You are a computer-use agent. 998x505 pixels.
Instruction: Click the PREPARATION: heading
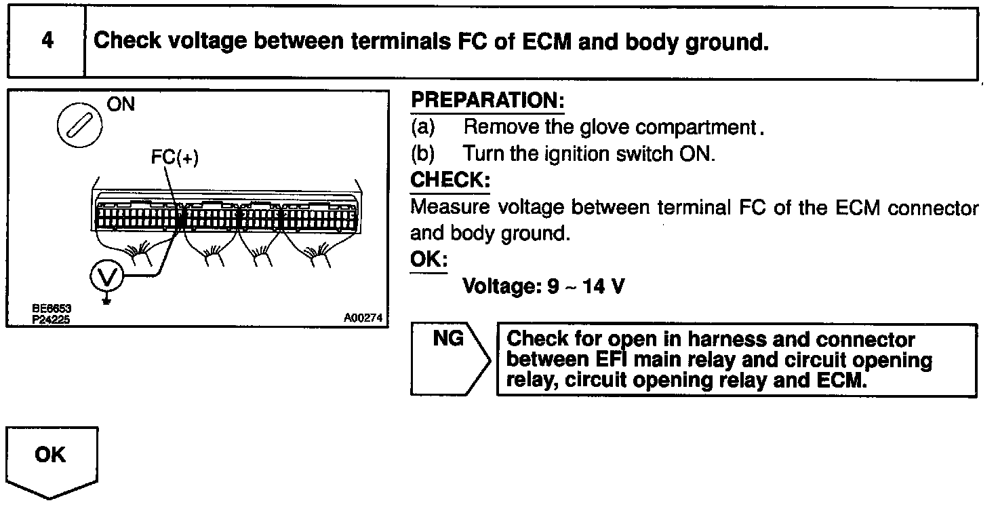point(487,100)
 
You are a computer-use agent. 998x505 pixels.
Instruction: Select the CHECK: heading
point(450,180)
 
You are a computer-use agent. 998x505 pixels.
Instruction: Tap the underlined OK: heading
point(428,260)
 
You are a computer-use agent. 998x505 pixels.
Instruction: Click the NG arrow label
point(448,338)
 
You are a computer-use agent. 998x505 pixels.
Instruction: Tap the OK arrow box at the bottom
point(52,455)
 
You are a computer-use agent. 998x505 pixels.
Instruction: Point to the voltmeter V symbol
point(106,276)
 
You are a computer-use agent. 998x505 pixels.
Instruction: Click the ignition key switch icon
point(80,127)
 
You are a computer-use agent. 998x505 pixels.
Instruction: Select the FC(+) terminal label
point(174,158)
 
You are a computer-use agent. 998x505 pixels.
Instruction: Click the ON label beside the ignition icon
point(121,104)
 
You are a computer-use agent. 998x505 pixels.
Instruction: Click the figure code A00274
point(363,317)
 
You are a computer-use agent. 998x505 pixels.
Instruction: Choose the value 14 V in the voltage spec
point(602,286)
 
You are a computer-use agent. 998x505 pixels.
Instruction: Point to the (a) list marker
point(423,127)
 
